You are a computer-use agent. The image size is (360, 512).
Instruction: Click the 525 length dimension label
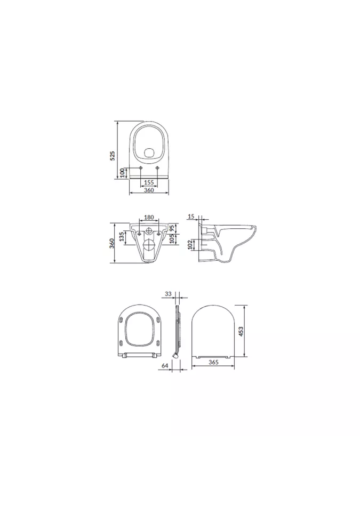[x=113, y=155]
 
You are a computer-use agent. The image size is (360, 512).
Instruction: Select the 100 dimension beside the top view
[x=123, y=173]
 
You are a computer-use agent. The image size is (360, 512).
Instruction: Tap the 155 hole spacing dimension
[x=149, y=182]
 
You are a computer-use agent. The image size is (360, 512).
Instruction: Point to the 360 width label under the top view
[x=149, y=190]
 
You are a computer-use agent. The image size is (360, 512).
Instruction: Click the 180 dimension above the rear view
[x=149, y=218]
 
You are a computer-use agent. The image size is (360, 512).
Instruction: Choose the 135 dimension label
[x=122, y=237]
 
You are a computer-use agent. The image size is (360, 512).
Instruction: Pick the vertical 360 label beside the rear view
[x=111, y=243]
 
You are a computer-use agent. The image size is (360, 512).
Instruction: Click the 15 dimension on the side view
[x=191, y=216]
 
